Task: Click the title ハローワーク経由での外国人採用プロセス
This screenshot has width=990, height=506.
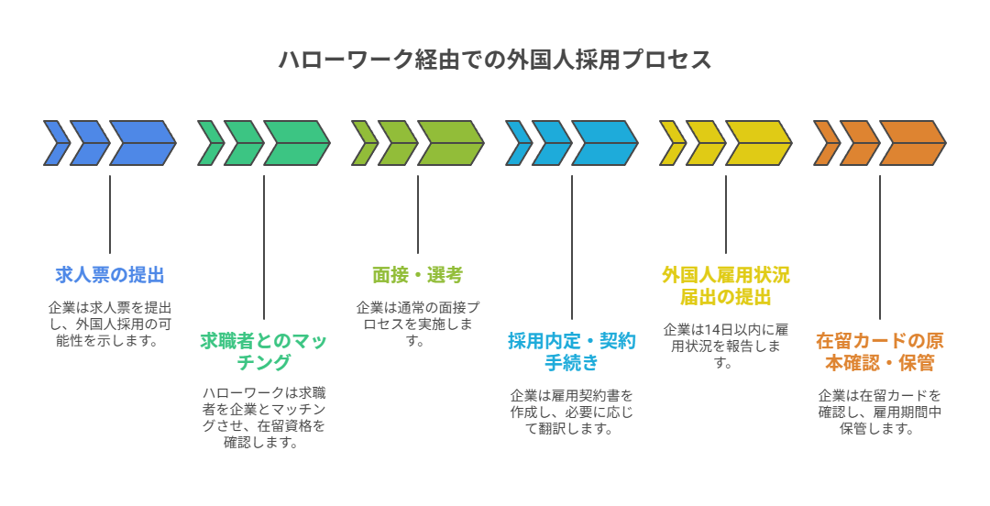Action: (495, 60)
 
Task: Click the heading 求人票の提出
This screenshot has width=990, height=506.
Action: (110, 274)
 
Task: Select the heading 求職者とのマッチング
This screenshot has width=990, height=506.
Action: (264, 351)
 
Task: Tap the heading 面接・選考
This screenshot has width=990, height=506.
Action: (418, 274)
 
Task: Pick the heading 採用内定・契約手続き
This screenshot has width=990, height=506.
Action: (572, 351)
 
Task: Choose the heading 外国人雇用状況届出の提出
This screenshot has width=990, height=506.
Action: (726, 285)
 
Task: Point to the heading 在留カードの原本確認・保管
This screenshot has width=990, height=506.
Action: (880, 351)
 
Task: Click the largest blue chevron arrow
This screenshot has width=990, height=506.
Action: (143, 143)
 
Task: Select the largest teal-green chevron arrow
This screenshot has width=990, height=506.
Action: (297, 143)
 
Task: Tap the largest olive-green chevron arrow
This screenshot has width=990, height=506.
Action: (451, 143)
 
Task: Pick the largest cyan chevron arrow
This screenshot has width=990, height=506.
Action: (605, 143)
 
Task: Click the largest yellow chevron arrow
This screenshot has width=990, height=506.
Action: (759, 143)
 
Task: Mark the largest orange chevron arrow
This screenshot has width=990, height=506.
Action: (913, 143)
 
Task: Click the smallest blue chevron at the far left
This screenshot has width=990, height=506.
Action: (55, 143)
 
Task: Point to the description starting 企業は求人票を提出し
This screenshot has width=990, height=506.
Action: (110, 324)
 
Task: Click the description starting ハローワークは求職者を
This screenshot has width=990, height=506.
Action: (264, 417)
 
